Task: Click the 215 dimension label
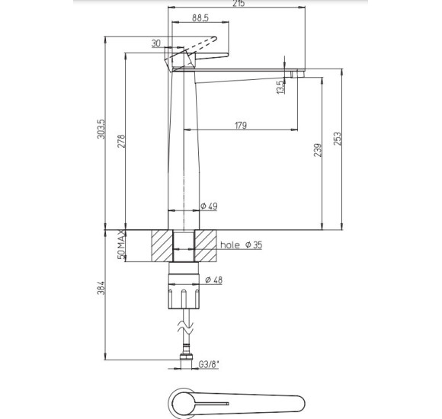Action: [x=239, y=3]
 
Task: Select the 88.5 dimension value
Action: [x=200, y=18]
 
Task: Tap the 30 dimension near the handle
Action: [x=156, y=43]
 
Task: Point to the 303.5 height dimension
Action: [x=101, y=129]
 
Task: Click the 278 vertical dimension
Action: [x=121, y=141]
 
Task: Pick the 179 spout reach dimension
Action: [x=241, y=125]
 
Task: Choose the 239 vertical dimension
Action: [x=318, y=150]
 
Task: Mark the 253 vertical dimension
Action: [x=337, y=139]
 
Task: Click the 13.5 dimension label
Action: [x=280, y=88]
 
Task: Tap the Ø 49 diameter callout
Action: [x=209, y=206]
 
